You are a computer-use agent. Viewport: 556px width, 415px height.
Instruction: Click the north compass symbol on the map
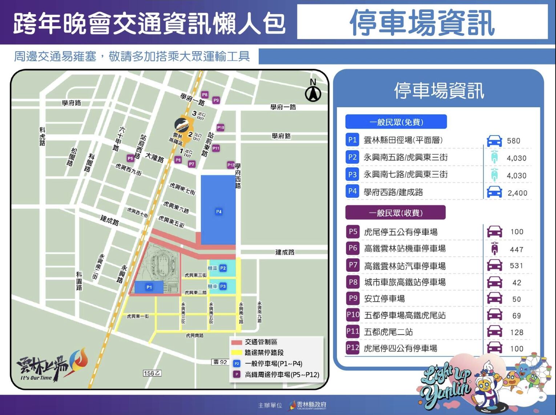pos(313,92)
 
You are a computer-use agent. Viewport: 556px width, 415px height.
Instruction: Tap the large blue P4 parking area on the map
pos(218,210)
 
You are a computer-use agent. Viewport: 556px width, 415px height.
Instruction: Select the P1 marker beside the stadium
pos(149,287)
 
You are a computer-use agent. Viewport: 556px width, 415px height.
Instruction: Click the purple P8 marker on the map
pos(205,95)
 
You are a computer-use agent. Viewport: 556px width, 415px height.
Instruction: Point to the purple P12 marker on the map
pos(231,165)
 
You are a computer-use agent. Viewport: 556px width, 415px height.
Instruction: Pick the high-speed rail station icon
pos(182,125)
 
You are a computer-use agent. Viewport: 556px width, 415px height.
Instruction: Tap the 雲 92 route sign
pos(220,362)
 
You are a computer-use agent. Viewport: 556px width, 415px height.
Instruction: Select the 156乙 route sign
pos(152,373)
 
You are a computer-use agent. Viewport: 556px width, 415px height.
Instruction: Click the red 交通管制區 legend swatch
pos(237,342)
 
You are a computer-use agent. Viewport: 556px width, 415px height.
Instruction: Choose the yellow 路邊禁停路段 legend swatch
pos(237,352)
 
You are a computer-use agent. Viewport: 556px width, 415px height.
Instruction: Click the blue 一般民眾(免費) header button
pos(396,122)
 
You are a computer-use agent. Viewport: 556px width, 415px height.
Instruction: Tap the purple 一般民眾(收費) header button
pos(395,213)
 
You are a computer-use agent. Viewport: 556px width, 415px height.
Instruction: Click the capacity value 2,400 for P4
pos(517,193)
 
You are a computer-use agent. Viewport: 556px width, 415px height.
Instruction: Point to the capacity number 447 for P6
pos(516,249)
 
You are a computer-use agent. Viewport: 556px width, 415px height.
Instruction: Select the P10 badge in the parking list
pos(353,315)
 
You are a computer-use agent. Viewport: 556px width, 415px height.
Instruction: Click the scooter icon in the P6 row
pos(494,249)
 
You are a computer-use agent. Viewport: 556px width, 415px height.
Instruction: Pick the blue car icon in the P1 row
pos(494,141)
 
